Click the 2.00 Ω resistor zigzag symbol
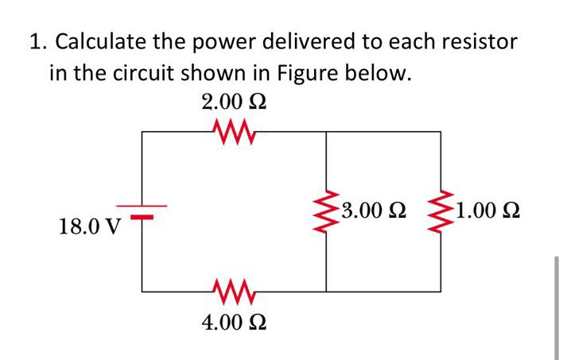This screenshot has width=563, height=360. pyautogui.click(x=232, y=130)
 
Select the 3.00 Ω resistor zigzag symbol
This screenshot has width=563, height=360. pyautogui.click(x=326, y=211)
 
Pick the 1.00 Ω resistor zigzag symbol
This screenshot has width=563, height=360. pyautogui.click(x=441, y=211)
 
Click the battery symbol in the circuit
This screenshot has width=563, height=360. pyautogui.click(x=142, y=211)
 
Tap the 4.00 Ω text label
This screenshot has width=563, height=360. pyautogui.click(x=233, y=323)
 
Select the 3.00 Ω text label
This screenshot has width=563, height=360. pyautogui.click(x=372, y=211)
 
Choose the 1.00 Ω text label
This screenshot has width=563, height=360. pyautogui.click(x=487, y=211)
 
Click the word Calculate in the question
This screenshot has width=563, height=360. pyautogui.click(x=107, y=41)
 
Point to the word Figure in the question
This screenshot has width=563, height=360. pyautogui.click(x=309, y=75)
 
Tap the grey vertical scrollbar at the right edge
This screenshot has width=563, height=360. pyautogui.click(x=557, y=306)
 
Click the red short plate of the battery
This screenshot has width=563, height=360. pyautogui.click(x=142, y=215)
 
